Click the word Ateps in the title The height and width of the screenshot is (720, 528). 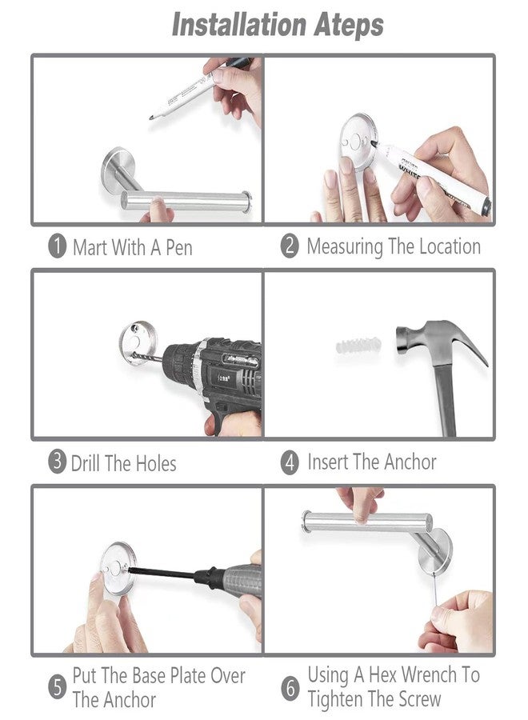pos(349,26)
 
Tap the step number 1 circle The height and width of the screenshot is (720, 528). pos(58,246)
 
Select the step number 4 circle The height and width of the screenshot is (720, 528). pos(290,462)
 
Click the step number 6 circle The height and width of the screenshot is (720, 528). pos(290,689)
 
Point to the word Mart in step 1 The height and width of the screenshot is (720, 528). pos(90,247)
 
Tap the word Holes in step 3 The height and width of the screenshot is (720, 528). pos(156,463)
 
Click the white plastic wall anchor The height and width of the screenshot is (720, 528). pos(358,345)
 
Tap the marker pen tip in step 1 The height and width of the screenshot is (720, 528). pos(151,118)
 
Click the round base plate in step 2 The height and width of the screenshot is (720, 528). pos(359,139)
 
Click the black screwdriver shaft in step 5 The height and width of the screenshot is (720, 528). pos(162,573)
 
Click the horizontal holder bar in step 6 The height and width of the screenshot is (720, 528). pos(367,522)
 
